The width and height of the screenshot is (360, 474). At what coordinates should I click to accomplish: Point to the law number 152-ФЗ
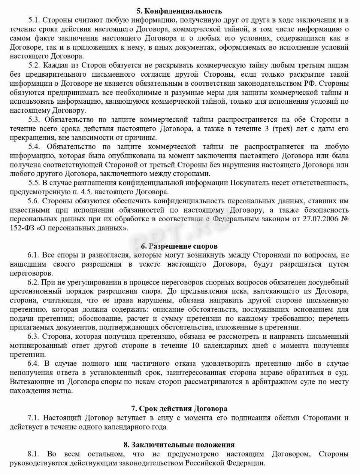22,228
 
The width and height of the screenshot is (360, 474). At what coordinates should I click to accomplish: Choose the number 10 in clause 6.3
195,346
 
